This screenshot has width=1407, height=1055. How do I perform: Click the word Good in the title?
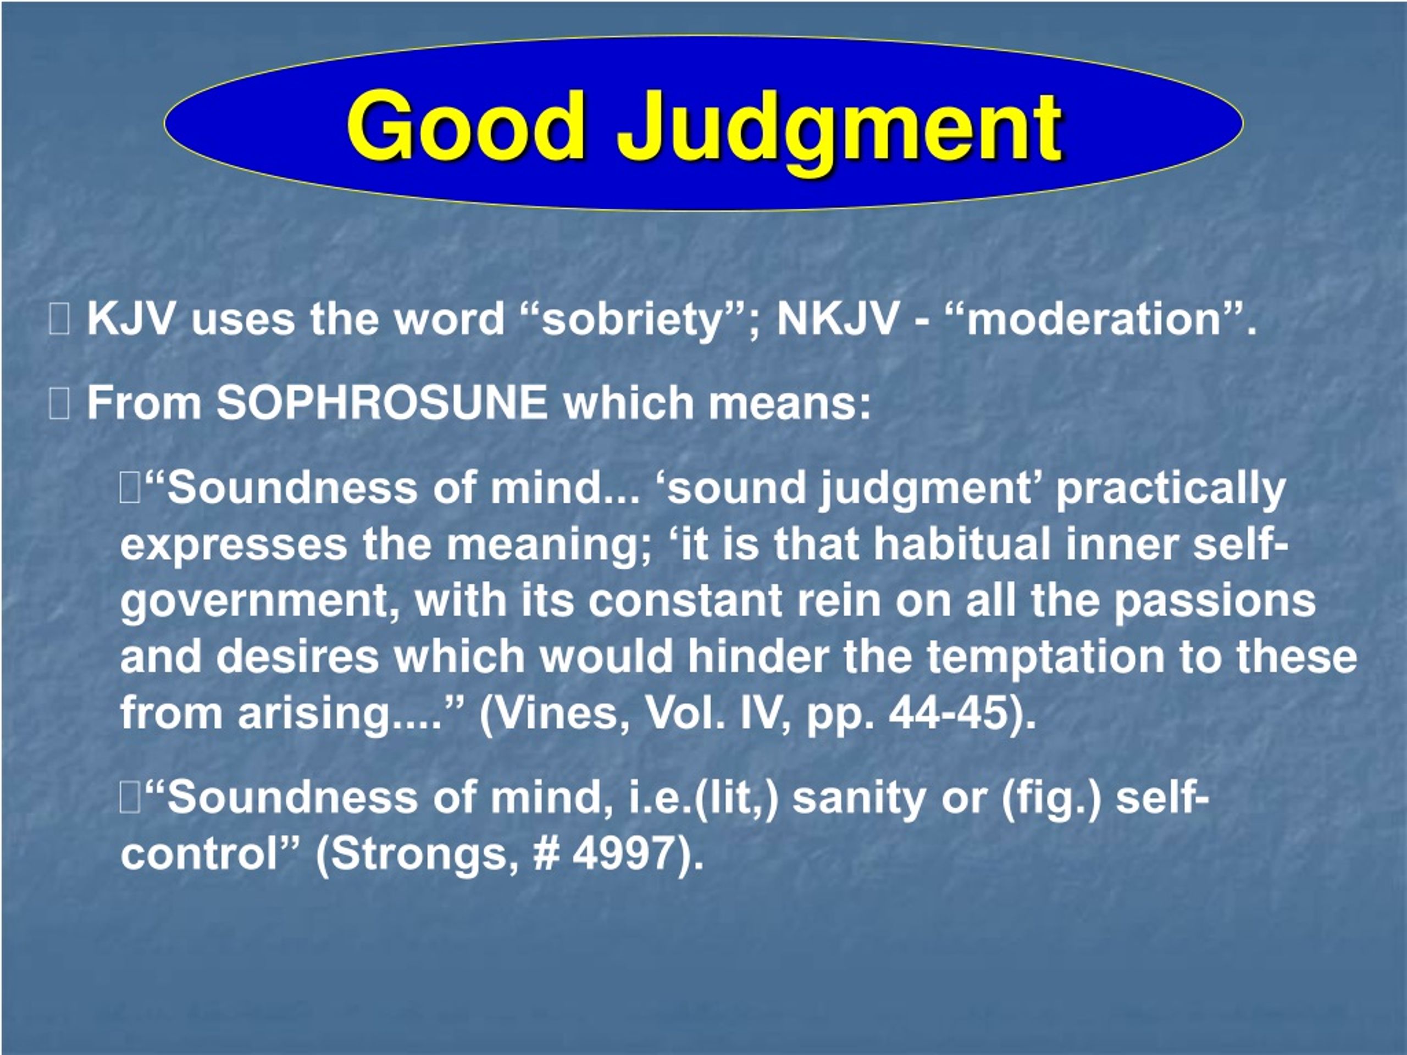pyautogui.click(x=466, y=125)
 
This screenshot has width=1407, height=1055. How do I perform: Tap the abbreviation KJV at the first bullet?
pyautogui.click(x=130, y=318)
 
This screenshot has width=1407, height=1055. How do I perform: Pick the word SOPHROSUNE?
pyautogui.click(x=381, y=403)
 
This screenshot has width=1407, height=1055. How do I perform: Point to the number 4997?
pyautogui.click(x=622, y=853)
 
